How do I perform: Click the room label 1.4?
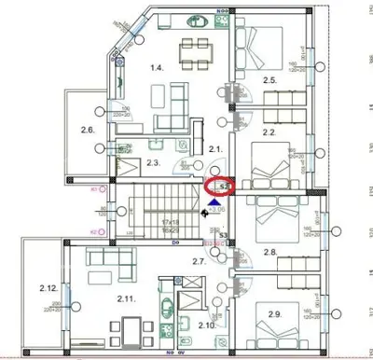tap(158, 67)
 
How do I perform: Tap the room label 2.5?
tap(270, 81)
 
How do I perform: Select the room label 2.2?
tap(269, 133)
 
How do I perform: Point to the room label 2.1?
tap(214, 149)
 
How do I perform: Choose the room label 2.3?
tap(154, 163)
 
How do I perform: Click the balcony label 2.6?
tap(88, 130)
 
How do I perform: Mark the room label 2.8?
tap(269, 253)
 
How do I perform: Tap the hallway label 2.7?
tap(199, 263)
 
